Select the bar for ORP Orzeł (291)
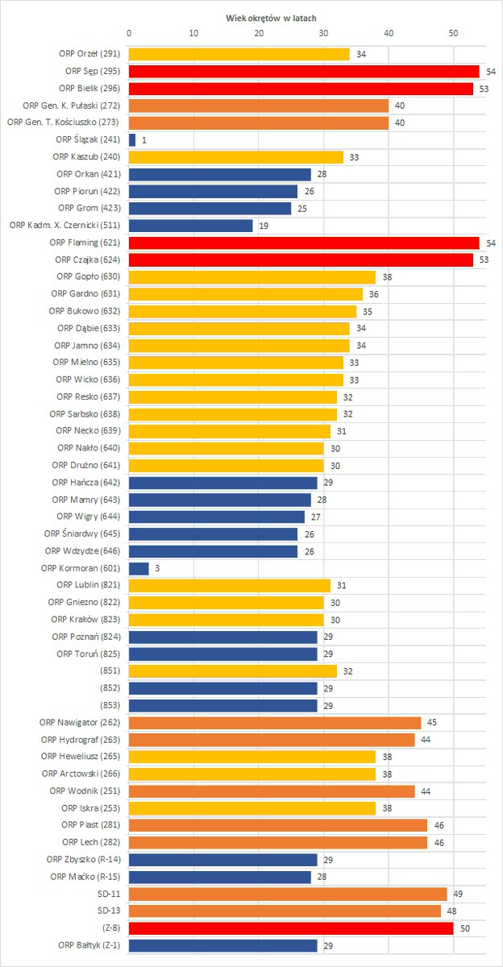(239, 54)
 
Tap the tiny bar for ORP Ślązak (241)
(132, 139)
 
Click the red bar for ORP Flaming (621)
(304, 243)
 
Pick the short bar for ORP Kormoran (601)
(139, 568)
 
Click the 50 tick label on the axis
(453, 34)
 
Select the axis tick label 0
(129, 34)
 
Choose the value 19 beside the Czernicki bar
(263, 226)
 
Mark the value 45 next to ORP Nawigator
(431, 723)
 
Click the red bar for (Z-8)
(291, 928)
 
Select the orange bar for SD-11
(288, 894)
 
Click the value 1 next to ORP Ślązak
(143, 139)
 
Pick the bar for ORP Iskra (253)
(252, 808)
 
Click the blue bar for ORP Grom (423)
(210, 209)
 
